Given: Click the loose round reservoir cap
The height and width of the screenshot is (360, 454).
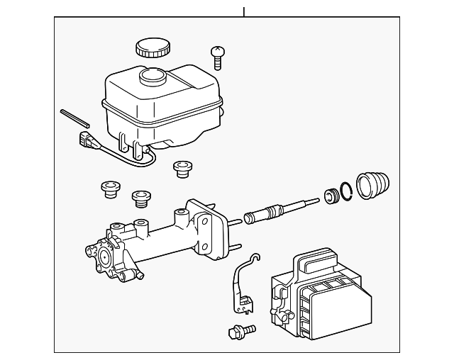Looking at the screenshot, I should [x=153, y=48].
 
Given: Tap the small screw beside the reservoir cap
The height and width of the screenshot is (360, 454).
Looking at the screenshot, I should [x=218, y=55].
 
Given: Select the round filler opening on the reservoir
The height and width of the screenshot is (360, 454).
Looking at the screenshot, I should [x=153, y=76].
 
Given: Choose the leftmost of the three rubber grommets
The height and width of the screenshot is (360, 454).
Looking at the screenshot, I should [x=109, y=189].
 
